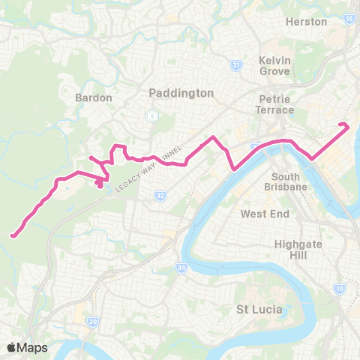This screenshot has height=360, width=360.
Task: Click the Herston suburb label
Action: tap(307, 22)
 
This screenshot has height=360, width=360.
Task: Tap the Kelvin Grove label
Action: tap(274, 65)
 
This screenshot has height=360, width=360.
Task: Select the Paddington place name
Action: tap(181, 93)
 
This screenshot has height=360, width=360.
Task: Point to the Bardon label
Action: tap(94, 97)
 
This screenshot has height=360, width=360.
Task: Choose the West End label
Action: tap(259, 214)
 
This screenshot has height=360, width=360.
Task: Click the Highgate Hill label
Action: tap(297, 249)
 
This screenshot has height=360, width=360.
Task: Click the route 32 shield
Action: tap(160, 196)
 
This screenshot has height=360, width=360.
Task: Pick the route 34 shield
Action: tap(181, 266)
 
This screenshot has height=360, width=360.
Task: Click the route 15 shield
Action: tap(350, 18)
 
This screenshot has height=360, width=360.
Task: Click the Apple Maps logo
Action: tap(27, 347)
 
